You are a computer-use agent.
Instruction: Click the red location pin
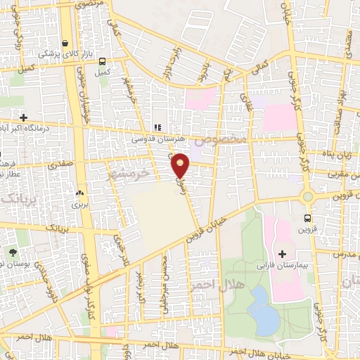[x=181, y=165]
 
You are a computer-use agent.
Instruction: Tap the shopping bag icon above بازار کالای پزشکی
[x=65, y=42]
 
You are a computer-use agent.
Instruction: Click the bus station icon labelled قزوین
[x=307, y=218]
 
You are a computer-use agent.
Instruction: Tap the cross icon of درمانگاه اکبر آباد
[x=24, y=117]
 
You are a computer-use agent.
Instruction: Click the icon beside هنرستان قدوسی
[x=157, y=127]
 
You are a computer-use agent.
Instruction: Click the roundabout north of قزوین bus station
[x=307, y=195]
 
